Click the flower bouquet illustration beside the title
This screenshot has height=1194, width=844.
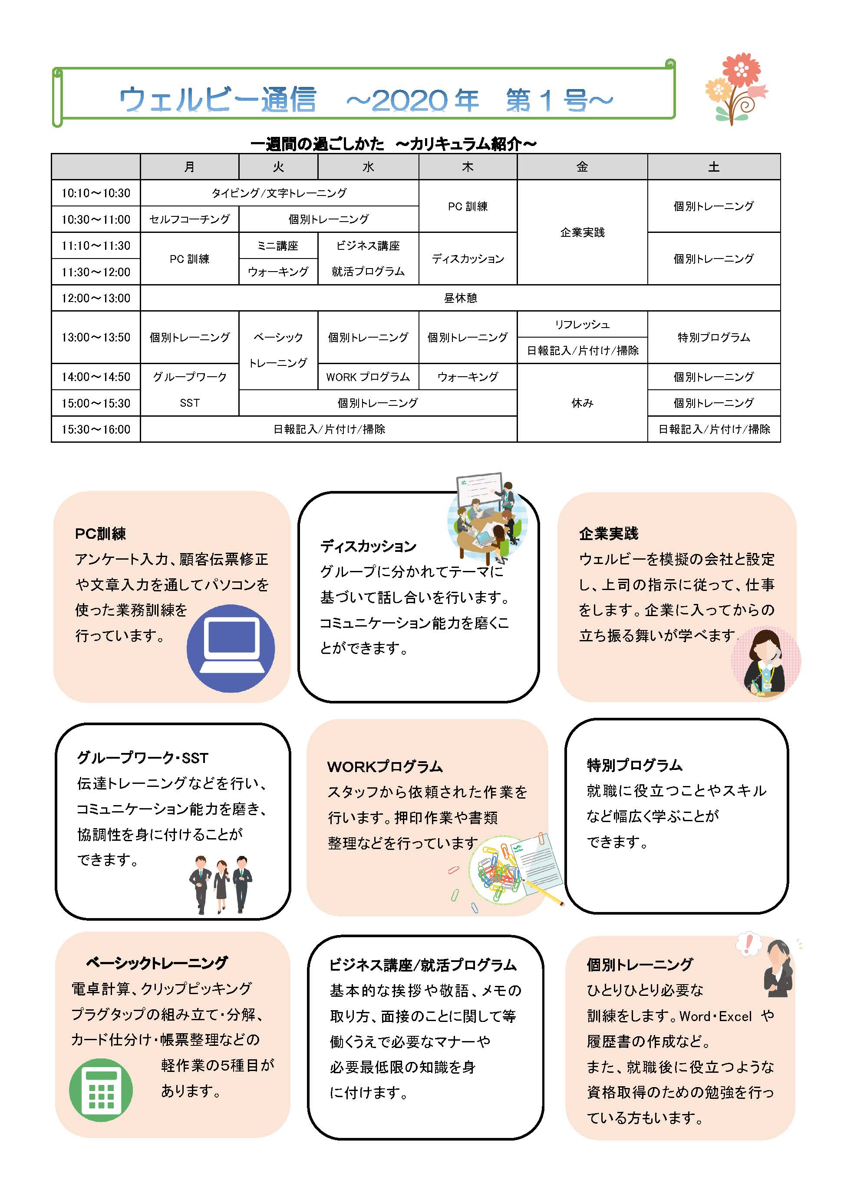[x=736, y=88]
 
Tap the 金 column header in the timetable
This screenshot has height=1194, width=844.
[x=582, y=167]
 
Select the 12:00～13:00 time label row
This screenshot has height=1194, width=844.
[x=96, y=298]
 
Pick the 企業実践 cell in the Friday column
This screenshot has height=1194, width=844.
[x=582, y=232]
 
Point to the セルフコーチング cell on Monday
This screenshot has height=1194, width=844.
[x=189, y=219]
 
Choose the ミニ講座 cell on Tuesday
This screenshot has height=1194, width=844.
[x=278, y=245]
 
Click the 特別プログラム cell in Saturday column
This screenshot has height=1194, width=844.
[x=714, y=337]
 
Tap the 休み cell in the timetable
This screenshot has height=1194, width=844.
[x=582, y=403]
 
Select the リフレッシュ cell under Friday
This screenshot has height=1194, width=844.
[x=582, y=324]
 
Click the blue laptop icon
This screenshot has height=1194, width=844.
[x=231, y=648]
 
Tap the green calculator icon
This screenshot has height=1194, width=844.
[x=101, y=1089]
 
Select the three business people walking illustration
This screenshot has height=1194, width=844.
[x=221, y=884]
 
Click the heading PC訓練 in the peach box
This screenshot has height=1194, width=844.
[x=100, y=534]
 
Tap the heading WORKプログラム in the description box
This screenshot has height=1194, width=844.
[x=385, y=766]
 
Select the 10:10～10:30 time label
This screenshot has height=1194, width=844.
[x=96, y=193]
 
